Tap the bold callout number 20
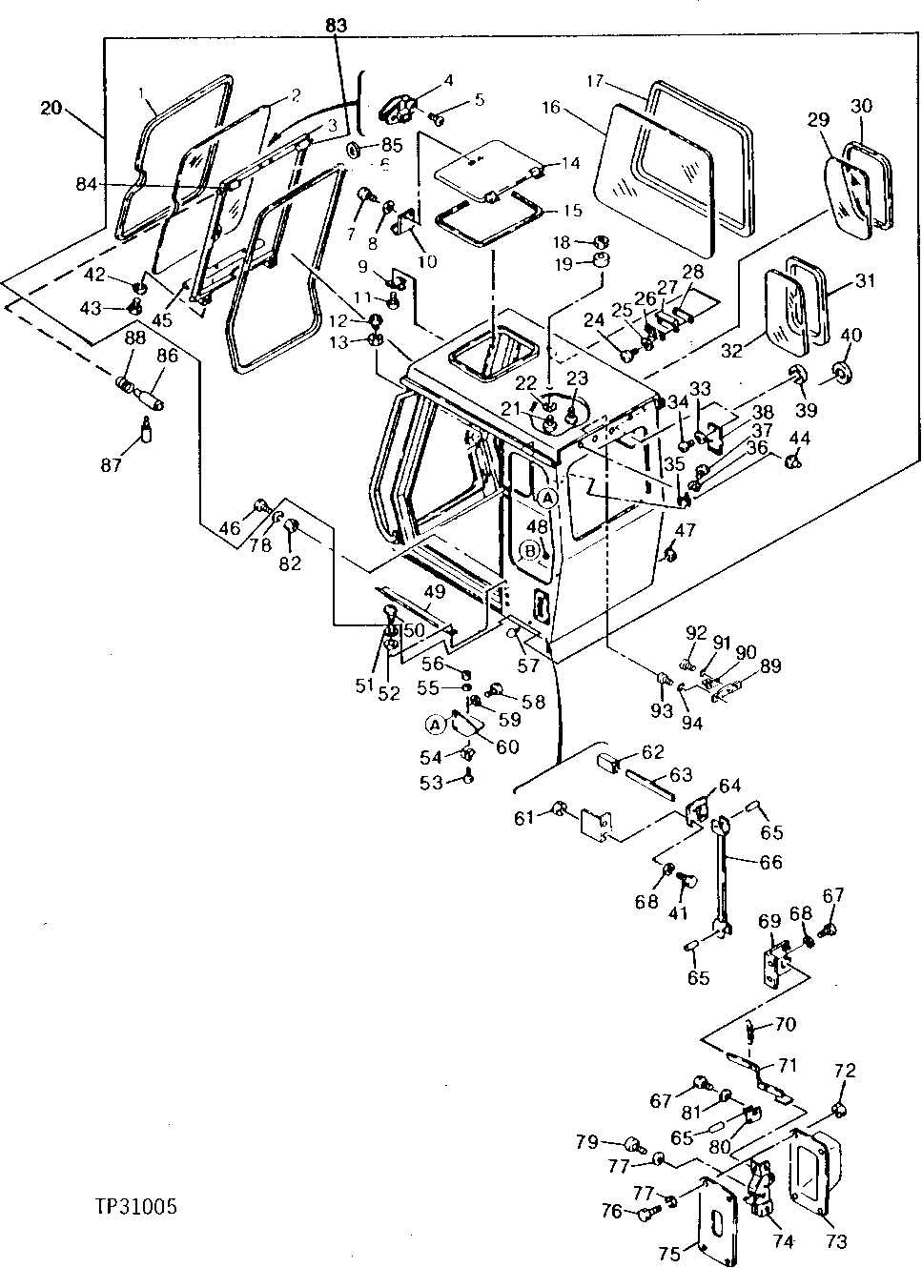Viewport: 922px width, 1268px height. [52, 109]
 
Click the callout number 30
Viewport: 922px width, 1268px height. [860, 106]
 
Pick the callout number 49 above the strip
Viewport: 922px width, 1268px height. [435, 592]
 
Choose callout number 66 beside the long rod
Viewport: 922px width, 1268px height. [770, 861]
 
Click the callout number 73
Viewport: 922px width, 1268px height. [835, 1241]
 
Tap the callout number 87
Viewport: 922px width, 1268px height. [112, 464]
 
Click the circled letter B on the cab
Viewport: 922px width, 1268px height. [530, 550]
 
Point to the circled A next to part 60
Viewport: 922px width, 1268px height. [435, 725]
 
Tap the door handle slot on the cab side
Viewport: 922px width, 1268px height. [539, 606]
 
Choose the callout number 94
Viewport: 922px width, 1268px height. [691, 723]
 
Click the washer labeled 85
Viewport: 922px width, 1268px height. [352, 149]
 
